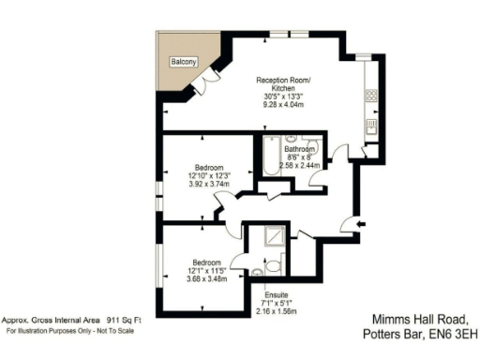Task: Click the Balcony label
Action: (x=183, y=61)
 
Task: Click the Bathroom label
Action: (x=300, y=148)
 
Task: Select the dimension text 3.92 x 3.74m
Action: (x=198, y=185)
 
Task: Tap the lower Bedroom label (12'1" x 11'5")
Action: (x=206, y=262)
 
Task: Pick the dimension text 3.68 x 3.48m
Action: (x=206, y=278)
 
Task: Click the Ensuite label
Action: (x=276, y=293)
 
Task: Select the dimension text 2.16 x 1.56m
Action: (x=276, y=311)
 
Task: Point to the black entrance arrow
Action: (x=363, y=222)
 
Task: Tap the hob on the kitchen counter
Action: (x=371, y=96)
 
